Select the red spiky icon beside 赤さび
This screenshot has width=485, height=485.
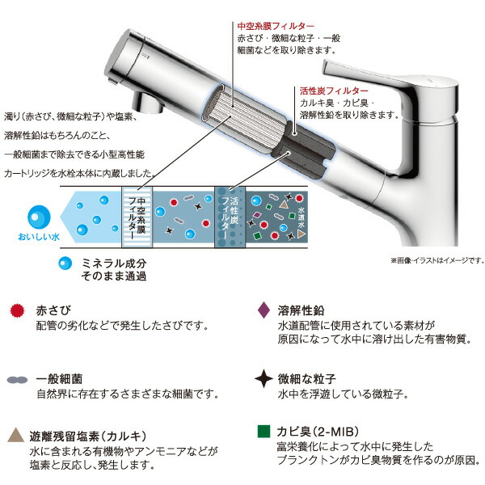click(17, 310)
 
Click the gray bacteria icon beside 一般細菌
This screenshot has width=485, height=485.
click(16, 379)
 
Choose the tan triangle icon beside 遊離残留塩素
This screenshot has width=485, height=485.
click(17, 435)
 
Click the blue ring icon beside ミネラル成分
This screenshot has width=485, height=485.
click(62, 264)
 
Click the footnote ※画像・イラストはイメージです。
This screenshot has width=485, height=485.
click(436, 259)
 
